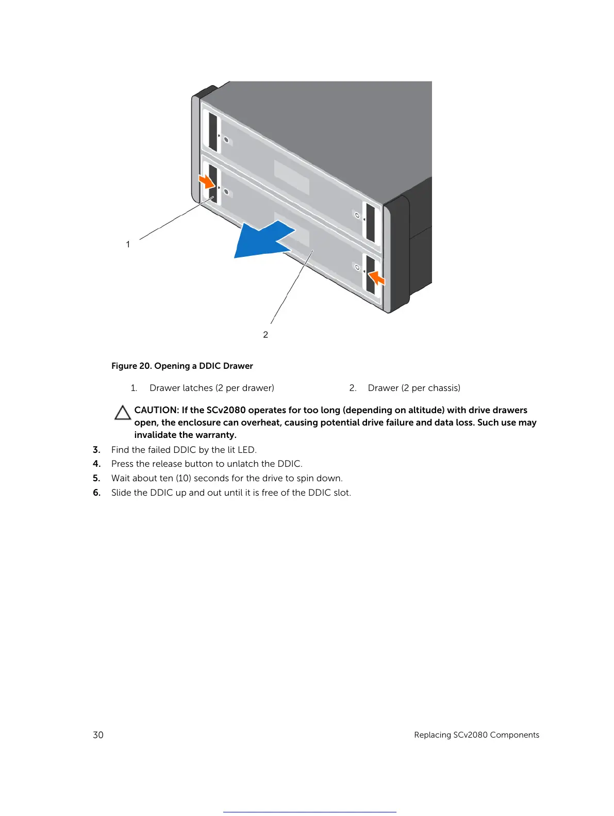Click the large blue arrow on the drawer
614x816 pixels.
[260, 240]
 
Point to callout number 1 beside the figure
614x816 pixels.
[128, 244]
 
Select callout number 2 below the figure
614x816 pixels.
[265, 335]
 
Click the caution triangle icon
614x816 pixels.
[123, 413]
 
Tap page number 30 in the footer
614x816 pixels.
[98, 735]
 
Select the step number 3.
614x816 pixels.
[96, 450]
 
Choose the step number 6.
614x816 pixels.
[96, 493]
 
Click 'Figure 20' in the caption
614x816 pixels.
[131, 366]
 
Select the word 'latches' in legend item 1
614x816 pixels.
[198, 388]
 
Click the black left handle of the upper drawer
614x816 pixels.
[213, 132]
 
